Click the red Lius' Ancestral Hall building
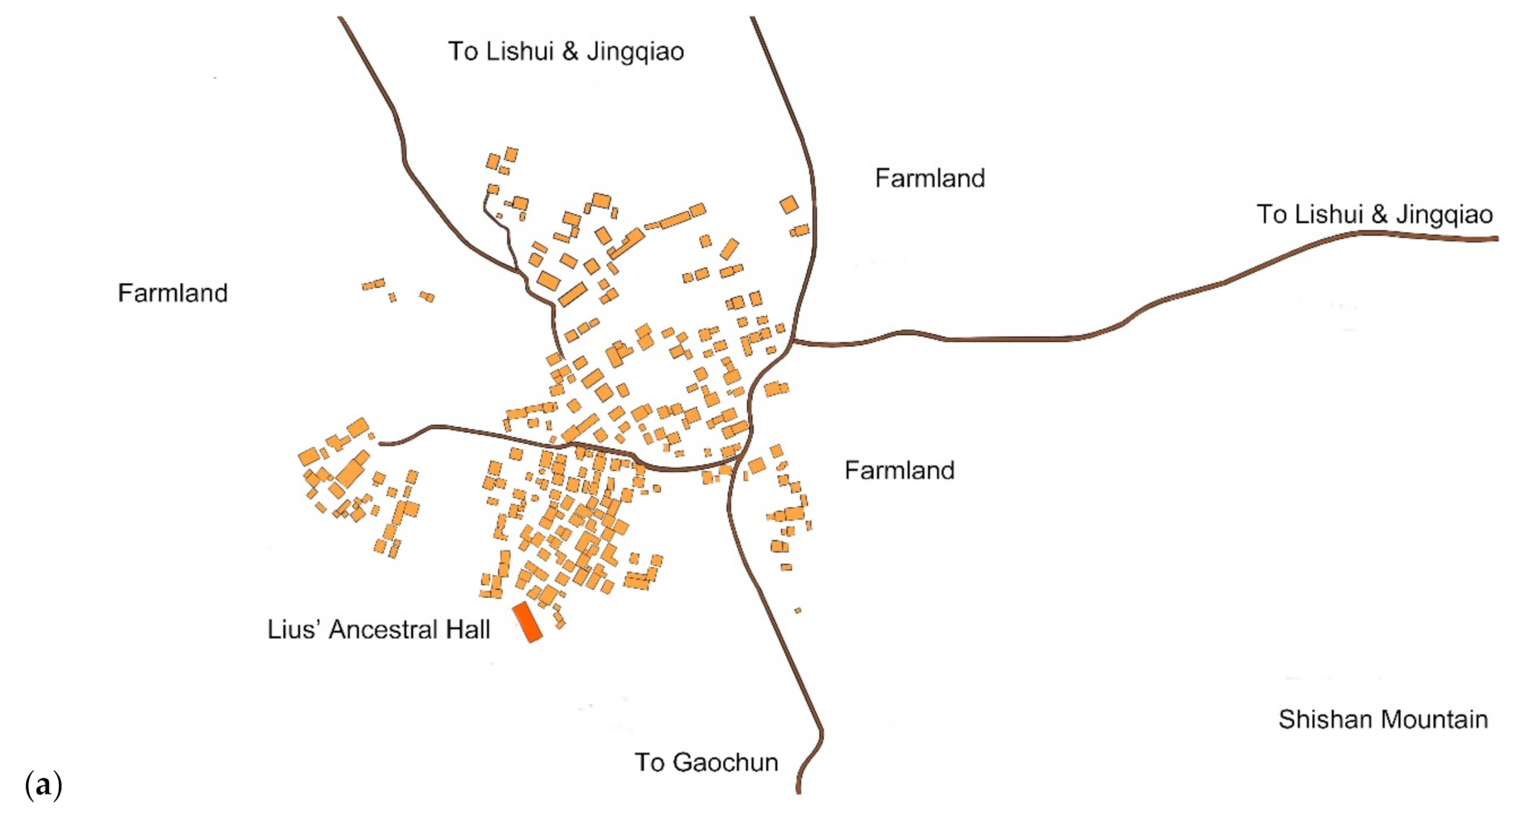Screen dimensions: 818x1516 (527, 622)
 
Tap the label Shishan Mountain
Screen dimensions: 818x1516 (1382, 718)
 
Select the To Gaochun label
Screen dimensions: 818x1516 (706, 762)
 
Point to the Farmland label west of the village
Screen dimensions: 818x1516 (172, 293)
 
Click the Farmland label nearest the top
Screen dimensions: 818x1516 (930, 178)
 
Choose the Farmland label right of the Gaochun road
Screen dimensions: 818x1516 (899, 470)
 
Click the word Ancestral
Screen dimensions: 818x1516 (384, 630)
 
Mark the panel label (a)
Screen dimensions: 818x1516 (44, 784)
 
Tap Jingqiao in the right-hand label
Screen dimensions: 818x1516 (1444, 215)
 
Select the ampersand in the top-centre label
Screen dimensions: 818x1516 (570, 51)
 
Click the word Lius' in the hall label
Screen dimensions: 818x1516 (294, 630)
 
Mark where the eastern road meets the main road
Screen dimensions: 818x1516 (793, 341)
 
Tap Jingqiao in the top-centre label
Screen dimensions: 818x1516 (635, 51)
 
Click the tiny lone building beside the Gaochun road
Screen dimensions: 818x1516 (798, 611)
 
